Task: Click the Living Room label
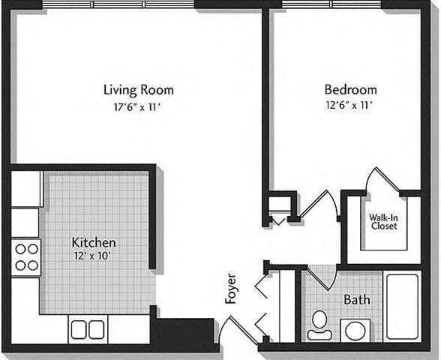coord(132,90)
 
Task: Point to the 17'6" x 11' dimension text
coord(132,107)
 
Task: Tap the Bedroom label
coord(345,90)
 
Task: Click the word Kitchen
coord(93,242)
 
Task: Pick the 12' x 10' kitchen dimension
coord(93,256)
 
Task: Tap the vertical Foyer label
coord(231,288)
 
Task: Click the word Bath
coord(356,300)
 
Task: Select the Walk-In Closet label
coord(383,221)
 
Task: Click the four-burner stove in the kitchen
coord(27,256)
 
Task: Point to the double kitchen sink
coord(88,329)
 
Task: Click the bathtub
coord(402,306)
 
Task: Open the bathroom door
coord(322,277)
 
